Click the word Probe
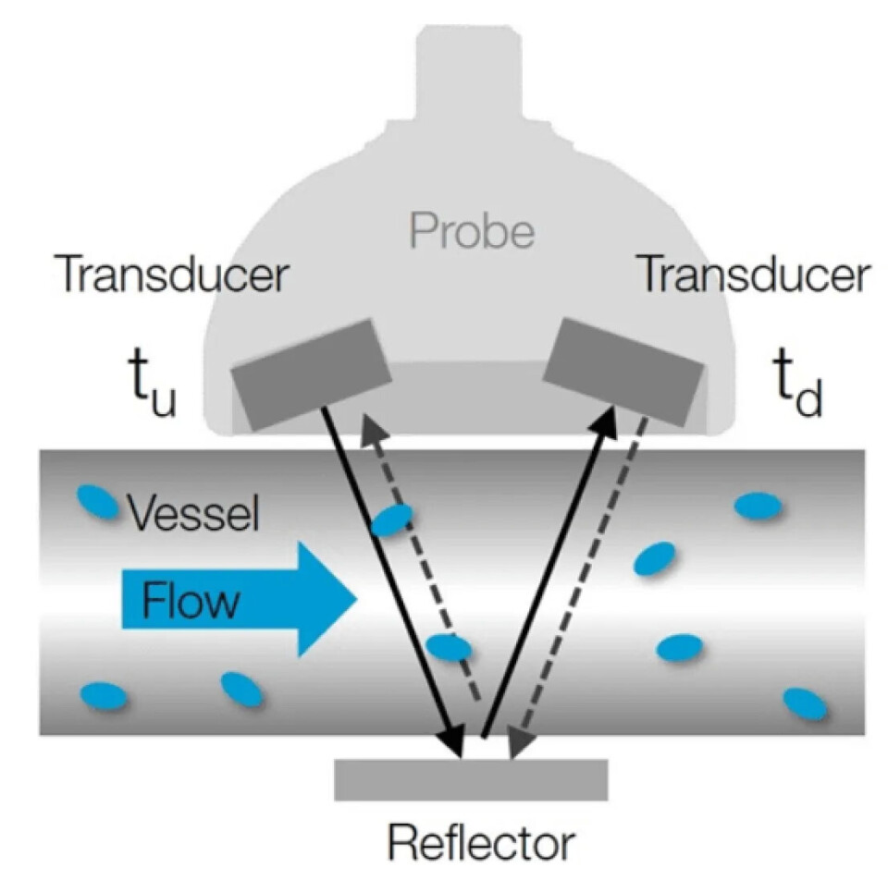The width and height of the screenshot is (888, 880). coord(472,232)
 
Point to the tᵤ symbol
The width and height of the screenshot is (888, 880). coord(148,392)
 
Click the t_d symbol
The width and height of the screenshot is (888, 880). coord(795,392)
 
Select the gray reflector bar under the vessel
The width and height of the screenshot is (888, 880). coord(471,779)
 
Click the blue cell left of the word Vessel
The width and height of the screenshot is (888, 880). coord(96,502)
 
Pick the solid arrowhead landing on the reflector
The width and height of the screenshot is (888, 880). coord(452,742)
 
